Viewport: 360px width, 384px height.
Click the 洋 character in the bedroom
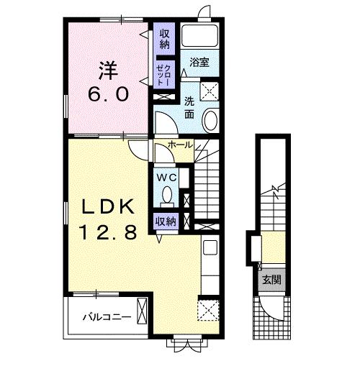click(108, 70)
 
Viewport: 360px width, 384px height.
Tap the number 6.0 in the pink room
click(109, 94)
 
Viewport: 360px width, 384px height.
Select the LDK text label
click(108, 206)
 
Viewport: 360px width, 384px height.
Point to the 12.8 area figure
click(108, 232)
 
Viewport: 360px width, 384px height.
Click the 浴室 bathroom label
click(199, 63)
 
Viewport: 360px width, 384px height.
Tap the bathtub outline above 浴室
click(200, 35)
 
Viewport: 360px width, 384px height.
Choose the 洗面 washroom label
click(189, 108)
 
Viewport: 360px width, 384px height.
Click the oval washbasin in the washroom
click(211, 121)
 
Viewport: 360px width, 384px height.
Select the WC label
click(167, 178)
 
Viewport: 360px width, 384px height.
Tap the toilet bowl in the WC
click(167, 194)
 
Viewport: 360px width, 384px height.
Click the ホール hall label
click(180, 145)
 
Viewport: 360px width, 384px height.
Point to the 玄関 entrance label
click(271, 280)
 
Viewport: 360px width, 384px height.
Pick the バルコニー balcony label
click(107, 317)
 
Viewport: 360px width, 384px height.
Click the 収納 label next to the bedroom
click(164, 39)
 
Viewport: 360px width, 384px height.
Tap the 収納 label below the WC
click(166, 221)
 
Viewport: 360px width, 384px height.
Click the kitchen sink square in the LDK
click(210, 247)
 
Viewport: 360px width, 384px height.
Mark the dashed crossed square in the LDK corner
click(208, 310)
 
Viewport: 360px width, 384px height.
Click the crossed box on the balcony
click(142, 311)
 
